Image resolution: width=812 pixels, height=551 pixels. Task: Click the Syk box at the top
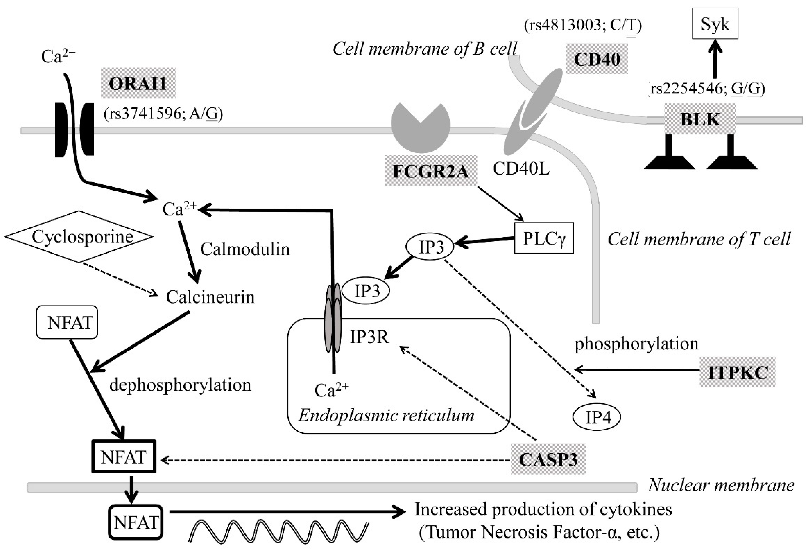[x=715, y=23]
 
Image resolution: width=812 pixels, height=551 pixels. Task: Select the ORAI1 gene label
[x=138, y=83]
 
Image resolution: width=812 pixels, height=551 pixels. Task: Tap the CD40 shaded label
[x=597, y=59]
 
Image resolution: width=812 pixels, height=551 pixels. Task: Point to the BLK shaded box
[x=700, y=119]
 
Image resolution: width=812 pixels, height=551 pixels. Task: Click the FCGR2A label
[x=431, y=171]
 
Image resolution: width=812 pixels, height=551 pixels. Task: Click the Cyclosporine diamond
[x=79, y=237]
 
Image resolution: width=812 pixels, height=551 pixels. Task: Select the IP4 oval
[x=597, y=417]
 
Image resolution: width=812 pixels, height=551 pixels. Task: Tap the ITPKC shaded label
[x=738, y=372]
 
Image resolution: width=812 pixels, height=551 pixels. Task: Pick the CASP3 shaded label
[x=548, y=459]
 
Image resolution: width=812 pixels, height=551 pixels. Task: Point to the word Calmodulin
[x=245, y=249]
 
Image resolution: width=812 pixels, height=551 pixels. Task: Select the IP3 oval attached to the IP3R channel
[x=366, y=291]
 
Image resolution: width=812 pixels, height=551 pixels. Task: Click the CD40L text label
[x=521, y=169]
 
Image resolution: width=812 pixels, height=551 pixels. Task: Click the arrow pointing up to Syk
[x=715, y=59]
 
